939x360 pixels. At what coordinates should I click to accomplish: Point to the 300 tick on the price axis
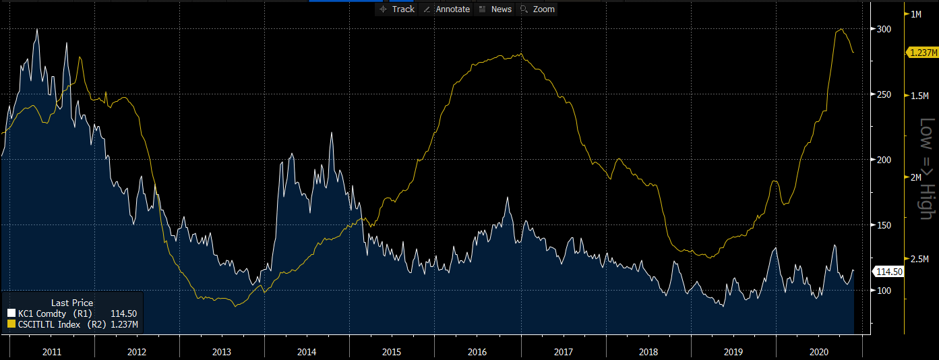pyautogui.click(x=878, y=29)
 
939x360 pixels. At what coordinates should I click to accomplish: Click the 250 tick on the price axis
pyautogui.click(x=878, y=94)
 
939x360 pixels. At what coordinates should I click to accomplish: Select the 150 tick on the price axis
pyautogui.click(x=878, y=225)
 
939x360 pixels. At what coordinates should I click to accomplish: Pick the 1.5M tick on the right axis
pyautogui.click(x=920, y=96)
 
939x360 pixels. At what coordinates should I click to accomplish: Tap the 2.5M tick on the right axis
pyautogui.click(x=920, y=259)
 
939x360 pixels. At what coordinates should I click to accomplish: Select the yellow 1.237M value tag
pyautogui.click(x=921, y=53)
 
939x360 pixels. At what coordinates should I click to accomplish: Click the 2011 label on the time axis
pyautogui.click(x=52, y=352)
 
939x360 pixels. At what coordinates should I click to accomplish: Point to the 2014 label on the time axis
pyautogui.click(x=307, y=352)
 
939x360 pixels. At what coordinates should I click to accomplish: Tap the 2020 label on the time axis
pyautogui.click(x=818, y=352)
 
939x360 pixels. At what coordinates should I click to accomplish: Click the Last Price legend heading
pyautogui.click(x=72, y=303)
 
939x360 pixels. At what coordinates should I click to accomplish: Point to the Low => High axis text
pyautogui.click(x=928, y=169)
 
